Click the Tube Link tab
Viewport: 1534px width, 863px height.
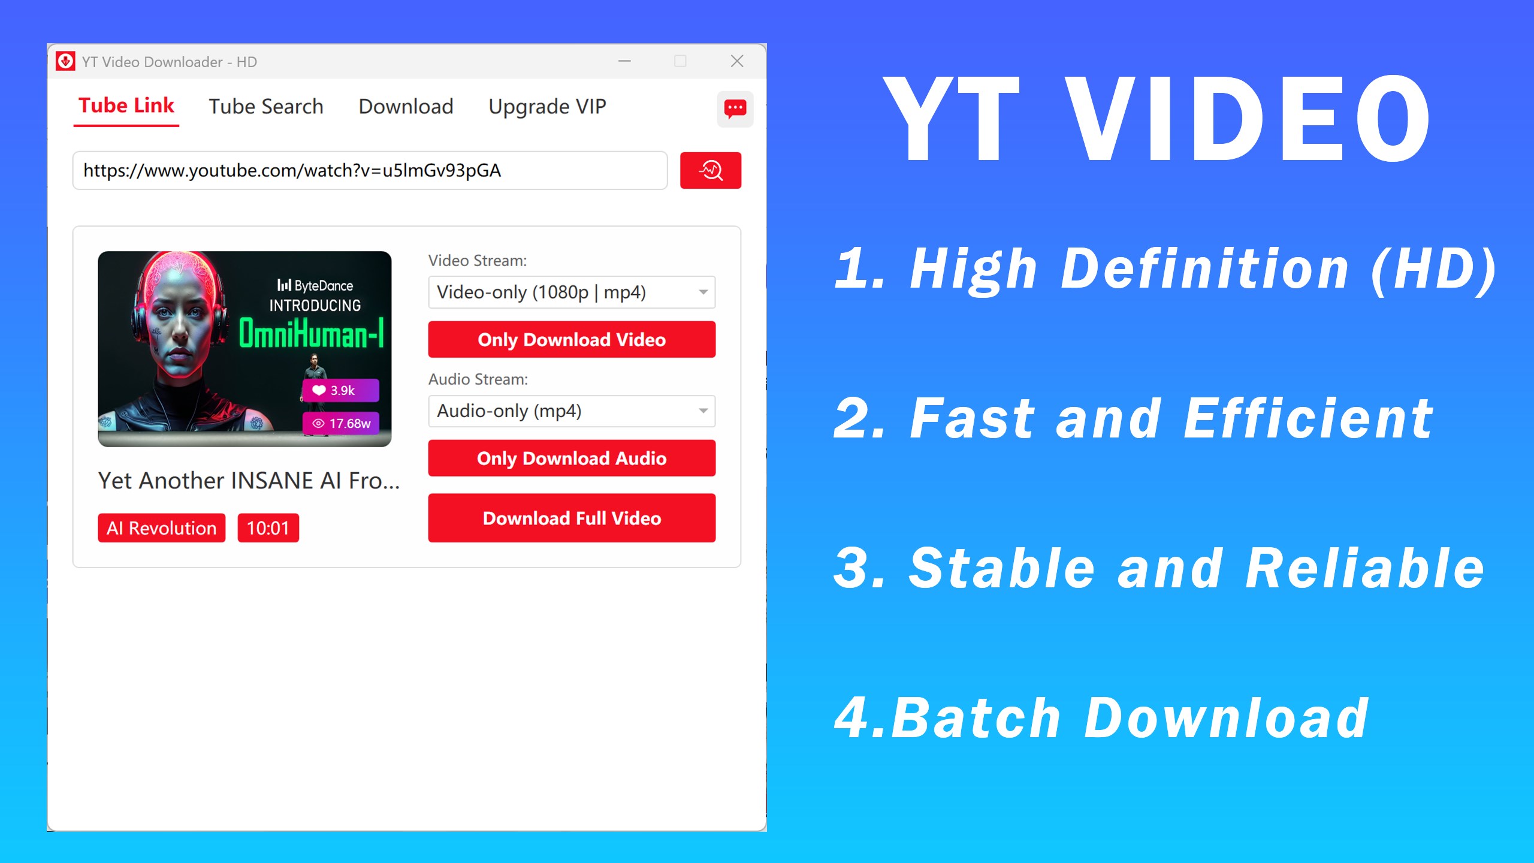click(x=126, y=106)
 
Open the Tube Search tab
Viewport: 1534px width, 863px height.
click(x=265, y=107)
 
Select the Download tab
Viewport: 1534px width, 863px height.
click(x=406, y=107)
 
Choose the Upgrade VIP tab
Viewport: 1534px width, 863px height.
click(x=547, y=107)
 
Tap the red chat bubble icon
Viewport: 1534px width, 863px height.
click(x=735, y=109)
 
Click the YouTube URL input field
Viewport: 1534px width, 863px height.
click(x=370, y=171)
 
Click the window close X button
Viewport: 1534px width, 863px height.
click(x=737, y=61)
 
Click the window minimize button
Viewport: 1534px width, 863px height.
click(x=624, y=61)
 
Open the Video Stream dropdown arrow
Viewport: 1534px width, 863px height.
click(x=703, y=292)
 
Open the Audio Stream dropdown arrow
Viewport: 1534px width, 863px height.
click(x=703, y=411)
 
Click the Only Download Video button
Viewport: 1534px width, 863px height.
click(x=572, y=340)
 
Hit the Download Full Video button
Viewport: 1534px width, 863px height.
click(x=572, y=518)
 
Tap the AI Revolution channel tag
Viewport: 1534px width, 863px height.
click(x=161, y=528)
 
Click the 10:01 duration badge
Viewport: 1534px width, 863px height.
click(x=268, y=528)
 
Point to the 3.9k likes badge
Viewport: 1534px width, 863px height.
click(x=340, y=391)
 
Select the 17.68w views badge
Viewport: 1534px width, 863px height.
click(x=340, y=424)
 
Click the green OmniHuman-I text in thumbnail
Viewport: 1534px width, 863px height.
click(x=311, y=334)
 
